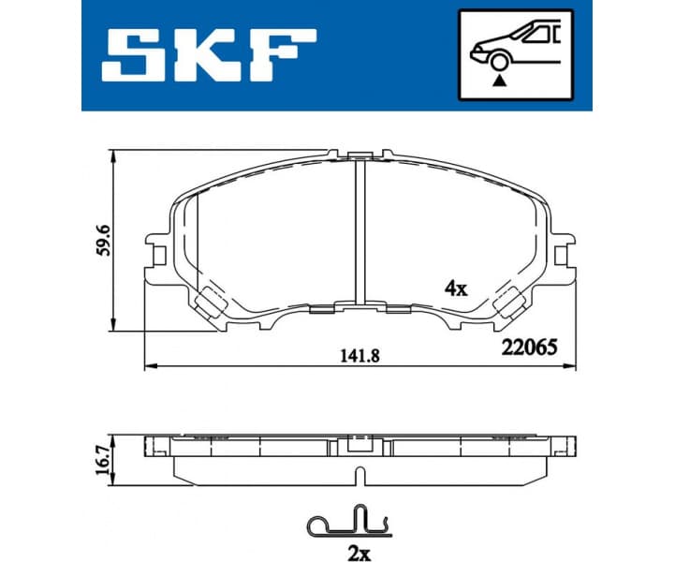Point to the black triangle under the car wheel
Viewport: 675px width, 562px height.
(x=500, y=81)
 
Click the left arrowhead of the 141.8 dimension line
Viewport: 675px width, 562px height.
(x=148, y=364)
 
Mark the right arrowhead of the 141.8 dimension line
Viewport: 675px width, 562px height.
(x=571, y=364)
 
